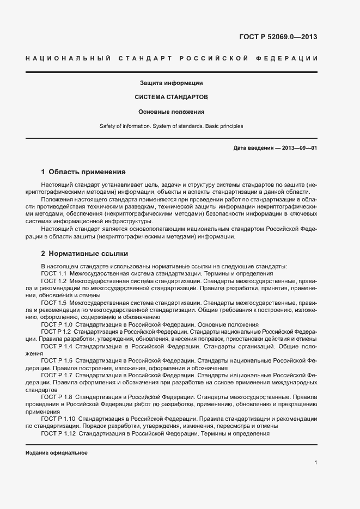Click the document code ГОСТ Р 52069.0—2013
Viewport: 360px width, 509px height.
[x=278, y=37]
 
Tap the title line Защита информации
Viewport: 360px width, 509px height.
[x=171, y=83]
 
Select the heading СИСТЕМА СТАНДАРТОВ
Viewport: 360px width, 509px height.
[x=171, y=97]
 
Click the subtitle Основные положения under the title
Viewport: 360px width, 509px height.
[x=171, y=112]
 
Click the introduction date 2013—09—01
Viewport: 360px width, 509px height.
[x=297, y=148]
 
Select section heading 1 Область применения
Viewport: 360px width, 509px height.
[x=83, y=171]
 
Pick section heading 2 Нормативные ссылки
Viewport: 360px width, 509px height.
[x=84, y=254]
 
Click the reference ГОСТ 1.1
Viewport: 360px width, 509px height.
[x=54, y=273]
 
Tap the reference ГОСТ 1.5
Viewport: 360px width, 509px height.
[x=54, y=302]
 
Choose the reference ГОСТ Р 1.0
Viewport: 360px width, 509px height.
[x=57, y=324]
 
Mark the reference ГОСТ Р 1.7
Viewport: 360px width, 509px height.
[x=57, y=375]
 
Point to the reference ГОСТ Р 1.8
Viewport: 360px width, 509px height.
[x=57, y=397]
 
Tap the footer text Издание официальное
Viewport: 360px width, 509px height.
[x=57, y=453]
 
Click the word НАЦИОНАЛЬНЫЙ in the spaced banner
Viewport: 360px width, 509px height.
[x=68, y=58]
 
